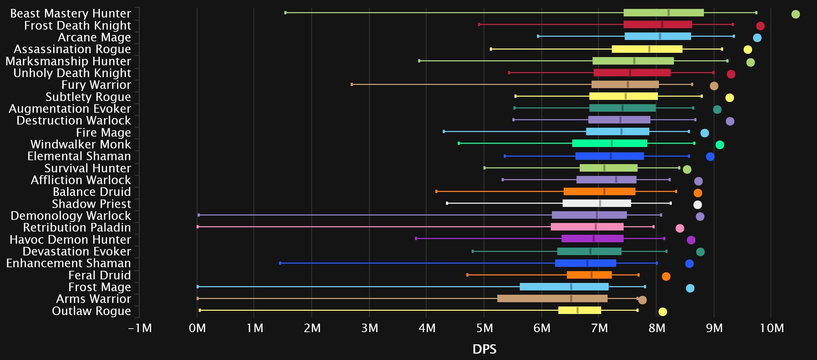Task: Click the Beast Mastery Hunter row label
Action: pos(71,14)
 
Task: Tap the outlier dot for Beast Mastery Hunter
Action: pos(795,14)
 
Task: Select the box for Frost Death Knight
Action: pos(658,25)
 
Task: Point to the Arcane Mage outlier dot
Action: pos(757,38)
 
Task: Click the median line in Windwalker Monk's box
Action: pos(612,143)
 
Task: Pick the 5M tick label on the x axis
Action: pos(484,328)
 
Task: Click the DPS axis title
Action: pos(484,349)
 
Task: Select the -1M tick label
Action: pos(140,328)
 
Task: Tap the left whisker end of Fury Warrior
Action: pos(352,85)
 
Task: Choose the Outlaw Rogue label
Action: pos(91,311)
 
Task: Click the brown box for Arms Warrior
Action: pos(552,299)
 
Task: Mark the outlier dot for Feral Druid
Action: pos(666,277)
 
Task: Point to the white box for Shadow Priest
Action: pos(597,203)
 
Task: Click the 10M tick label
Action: pos(772,328)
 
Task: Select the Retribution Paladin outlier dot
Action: pos(680,228)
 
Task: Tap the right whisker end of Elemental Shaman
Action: pos(689,156)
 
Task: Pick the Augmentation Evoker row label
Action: pos(70,109)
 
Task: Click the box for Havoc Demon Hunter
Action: pos(592,239)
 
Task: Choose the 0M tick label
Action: pos(197,328)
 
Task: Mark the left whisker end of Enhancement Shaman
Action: pos(280,263)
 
